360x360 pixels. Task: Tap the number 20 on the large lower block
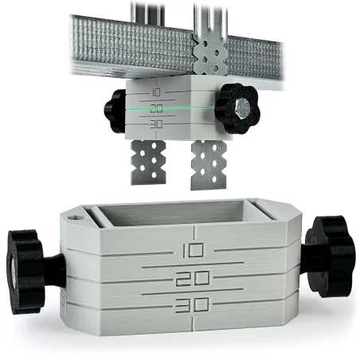click(194, 280)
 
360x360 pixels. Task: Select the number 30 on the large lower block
click(194, 305)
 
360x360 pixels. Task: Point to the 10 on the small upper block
click(155, 92)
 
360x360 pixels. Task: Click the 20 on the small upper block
click(156, 108)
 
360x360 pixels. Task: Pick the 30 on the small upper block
click(156, 124)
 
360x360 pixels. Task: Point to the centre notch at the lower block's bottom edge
click(194, 325)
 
